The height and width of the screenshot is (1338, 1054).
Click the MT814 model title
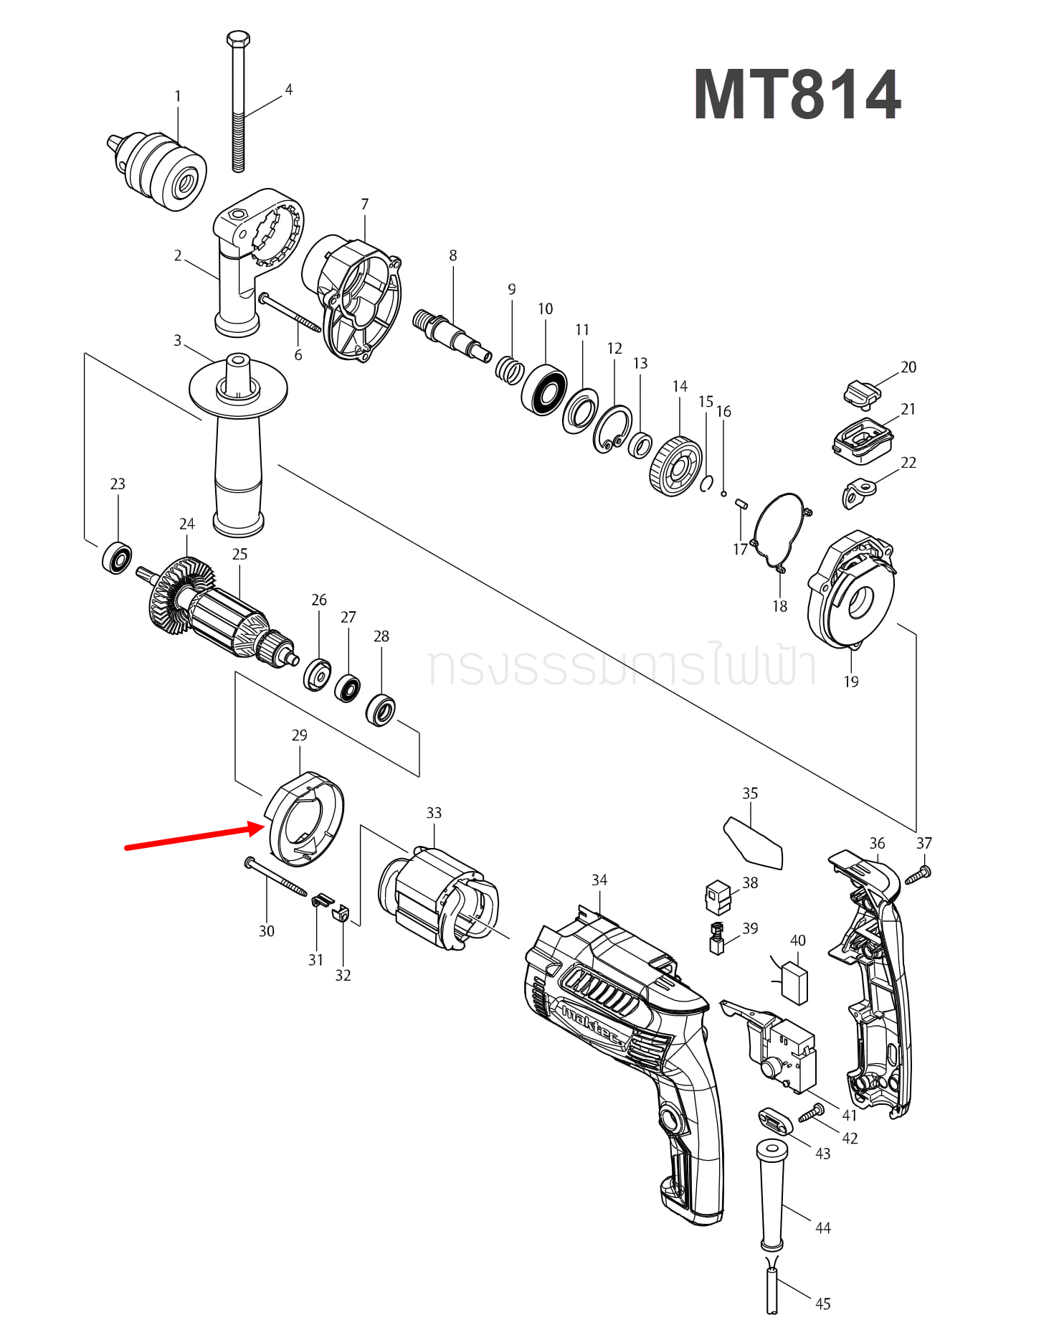[797, 95]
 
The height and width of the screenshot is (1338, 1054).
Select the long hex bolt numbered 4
[238, 100]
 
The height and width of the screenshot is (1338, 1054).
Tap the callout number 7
[365, 204]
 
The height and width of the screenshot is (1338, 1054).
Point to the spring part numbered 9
[510, 370]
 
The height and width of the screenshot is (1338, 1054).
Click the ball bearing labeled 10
[544, 390]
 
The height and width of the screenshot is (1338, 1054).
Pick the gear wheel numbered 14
[675, 466]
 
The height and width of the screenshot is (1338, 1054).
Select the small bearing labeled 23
[117, 558]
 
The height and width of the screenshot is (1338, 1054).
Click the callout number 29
[300, 735]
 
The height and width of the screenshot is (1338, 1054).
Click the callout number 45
[823, 1304]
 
